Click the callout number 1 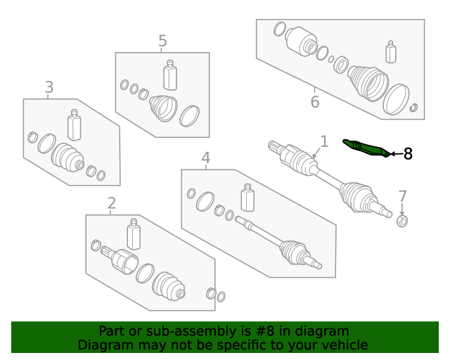[x=324, y=141]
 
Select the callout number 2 [x=111, y=204]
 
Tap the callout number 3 [x=49, y=87]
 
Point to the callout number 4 [x=205, y=158]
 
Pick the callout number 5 [x=162, y=41]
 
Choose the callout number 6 [x=314, y=102]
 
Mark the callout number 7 [x=402, y=196]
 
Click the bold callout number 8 [x=408, y=153]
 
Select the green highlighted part [x=366, y=147]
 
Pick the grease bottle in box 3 [x=74, y=125]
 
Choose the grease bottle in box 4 [x=247, y=198]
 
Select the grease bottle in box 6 [x=391, y=53]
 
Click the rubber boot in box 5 [x=163, y=108]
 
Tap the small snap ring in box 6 [x=414, y=108]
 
